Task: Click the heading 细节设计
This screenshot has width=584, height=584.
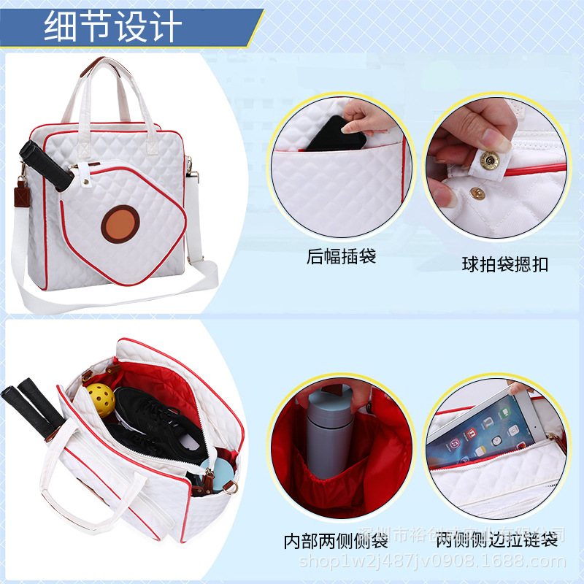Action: [112, 27]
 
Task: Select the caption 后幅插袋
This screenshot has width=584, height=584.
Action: [341, 256]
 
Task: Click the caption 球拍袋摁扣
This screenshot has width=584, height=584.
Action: [505, 264]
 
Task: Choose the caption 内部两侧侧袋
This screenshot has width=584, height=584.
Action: [335, 541]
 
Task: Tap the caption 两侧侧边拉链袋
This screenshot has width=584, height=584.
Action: [496, 539]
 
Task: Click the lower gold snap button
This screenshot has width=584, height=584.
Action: [478, 193]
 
